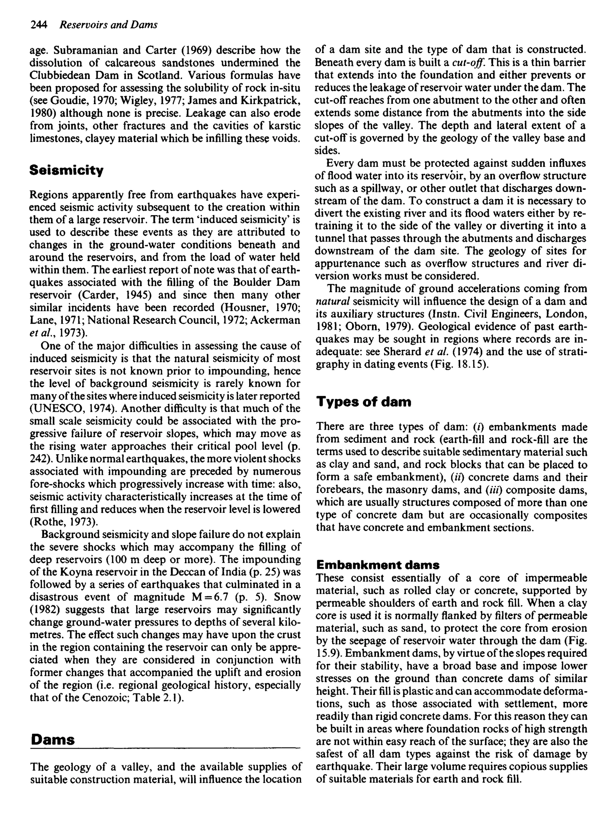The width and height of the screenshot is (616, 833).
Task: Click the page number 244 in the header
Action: tap(39, 25)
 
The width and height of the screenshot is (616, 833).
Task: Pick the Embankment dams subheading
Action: tap(378, 565)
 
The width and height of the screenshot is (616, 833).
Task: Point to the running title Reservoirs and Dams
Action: tap(109, 25)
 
